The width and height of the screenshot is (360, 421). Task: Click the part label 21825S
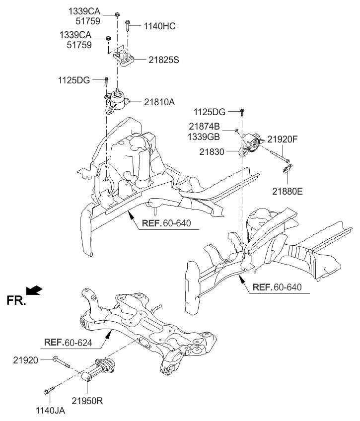click(163, 60)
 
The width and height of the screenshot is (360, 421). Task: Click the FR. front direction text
click(16, 300)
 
